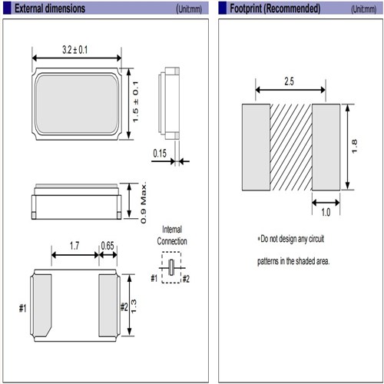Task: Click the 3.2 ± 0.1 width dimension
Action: [75, 50]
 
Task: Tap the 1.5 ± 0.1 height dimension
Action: [136, 102]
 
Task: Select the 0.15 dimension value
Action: [160, 154]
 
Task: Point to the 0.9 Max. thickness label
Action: [144, 203]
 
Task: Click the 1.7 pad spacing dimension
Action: [74, 246]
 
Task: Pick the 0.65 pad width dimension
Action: [108, 246]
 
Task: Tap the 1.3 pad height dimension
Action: [134, 306]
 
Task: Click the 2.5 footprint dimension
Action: [289, 81]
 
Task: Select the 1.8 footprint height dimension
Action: [354, 147]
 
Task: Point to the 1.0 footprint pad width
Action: [326, 212]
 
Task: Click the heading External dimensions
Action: [50, 8]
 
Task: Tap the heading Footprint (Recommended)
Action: [275, 8]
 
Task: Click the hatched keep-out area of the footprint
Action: [291, 147]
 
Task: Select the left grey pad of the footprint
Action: [256, 147]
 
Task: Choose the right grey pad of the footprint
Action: [326, 147]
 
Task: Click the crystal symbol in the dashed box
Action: [171, 267]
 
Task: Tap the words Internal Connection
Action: [172, 235]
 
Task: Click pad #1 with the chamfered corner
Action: [42, 305]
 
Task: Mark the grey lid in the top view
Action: [77, 104]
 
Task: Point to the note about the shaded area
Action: [293, 250]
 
